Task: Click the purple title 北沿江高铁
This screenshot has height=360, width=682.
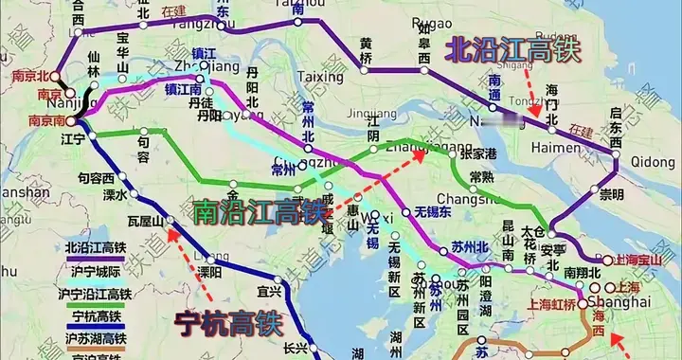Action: (514, 49)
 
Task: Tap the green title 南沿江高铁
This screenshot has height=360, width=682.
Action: (257, 210)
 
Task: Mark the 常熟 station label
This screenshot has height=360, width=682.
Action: (483, 178)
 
